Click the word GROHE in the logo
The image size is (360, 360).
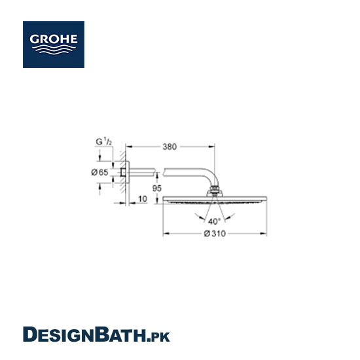[x=54, y=39]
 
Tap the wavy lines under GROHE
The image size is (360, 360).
[x=54, y=49]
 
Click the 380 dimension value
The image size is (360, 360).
[x=170, y=147]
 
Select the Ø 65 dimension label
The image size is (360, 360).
[x=99, y=172]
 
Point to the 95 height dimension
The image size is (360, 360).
[x=157, y=189]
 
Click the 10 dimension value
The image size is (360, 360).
[x=143, y=199]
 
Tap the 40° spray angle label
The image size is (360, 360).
[x=214, y=221]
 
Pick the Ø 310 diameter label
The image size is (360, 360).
[x=215, y=234]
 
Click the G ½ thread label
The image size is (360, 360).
[x=104, y=141]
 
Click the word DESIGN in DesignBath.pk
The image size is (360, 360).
[x=59, y=334]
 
